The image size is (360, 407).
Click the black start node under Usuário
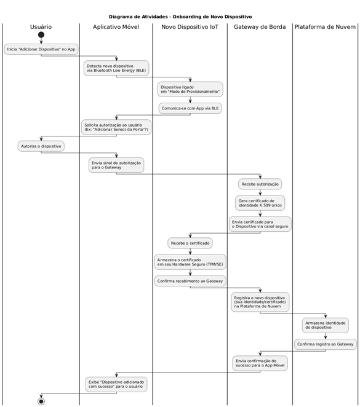(x=41, y=35)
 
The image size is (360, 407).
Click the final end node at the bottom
(x=41, y=401)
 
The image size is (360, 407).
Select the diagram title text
(x=180, y=17)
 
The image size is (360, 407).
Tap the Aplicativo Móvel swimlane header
(x=116, y=27)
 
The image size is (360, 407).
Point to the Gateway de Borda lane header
(x=260, y=27)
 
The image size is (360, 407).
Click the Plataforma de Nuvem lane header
(x=325, y=27)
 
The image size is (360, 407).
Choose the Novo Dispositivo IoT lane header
(x=190, y=27)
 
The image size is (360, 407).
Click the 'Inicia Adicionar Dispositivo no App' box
(x=41, y=49)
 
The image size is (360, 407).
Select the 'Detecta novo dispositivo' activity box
(x=116, y=68)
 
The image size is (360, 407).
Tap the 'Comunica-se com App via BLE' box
(x=190, y=108)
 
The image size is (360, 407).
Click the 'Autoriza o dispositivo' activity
(x=41, y=146)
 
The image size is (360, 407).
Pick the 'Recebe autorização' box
(x=260, y=184)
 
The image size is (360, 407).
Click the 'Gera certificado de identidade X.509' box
(x=260, y=203)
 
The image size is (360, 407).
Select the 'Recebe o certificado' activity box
(x=190, y=243)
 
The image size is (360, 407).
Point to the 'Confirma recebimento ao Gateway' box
(x=190, y=281)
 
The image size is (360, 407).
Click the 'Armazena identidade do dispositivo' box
(x=325, y=325)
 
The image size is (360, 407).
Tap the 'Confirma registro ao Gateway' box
(x=325, y=344)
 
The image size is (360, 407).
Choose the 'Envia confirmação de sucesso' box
(x=260, y=363)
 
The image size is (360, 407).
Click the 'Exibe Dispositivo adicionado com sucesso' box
(x=116, y=384)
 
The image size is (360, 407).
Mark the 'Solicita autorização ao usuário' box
(x=116, y=127)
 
